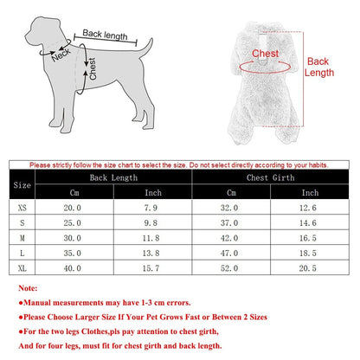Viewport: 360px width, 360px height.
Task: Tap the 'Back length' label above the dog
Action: tap(105, 35)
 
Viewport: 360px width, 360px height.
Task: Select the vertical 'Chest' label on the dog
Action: tap(93, 69)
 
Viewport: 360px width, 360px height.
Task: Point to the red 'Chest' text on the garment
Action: tap(265, 54)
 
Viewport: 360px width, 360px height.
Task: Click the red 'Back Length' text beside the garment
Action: tap(319, 67)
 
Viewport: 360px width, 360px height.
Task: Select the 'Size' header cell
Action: tap(23, 184)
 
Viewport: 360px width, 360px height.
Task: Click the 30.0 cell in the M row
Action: tap(70, 237)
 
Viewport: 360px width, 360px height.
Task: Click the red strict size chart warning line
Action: tap(179, 164)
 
